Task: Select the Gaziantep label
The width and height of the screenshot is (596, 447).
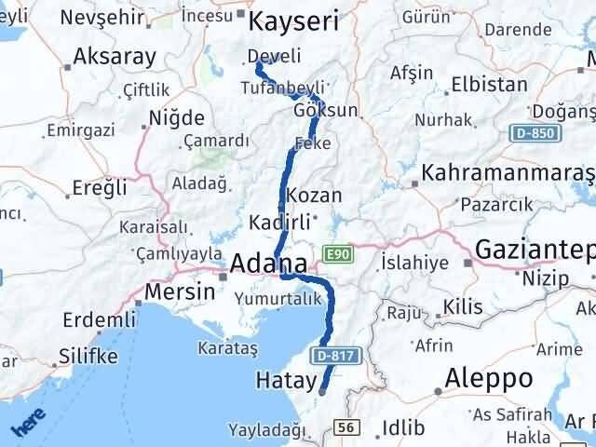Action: click(x=535, y=249)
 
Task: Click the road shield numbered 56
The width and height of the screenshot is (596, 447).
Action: click(x=346, y=427)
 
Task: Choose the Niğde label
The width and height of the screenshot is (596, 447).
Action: click(x=176, y=119)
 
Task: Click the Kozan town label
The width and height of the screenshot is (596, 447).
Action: click(x=315, y=196)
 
